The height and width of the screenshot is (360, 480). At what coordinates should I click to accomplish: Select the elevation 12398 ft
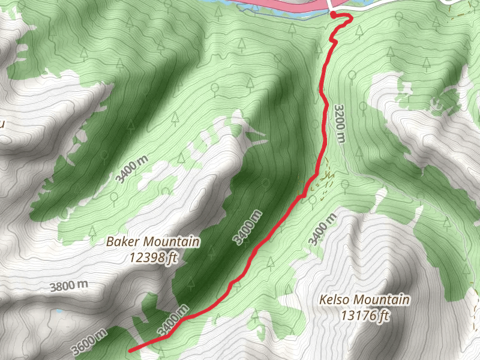[x=152, y=258]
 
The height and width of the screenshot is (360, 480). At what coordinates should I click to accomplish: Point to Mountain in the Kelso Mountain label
[x=381, y=299]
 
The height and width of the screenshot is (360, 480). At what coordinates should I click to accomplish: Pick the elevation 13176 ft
[x=365, y=315]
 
